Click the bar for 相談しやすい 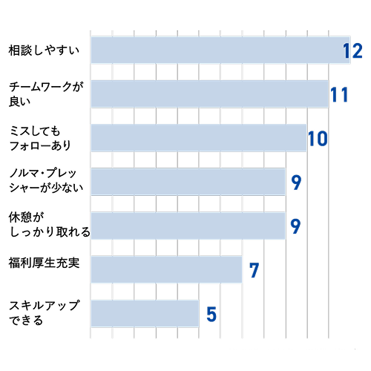point(220,50)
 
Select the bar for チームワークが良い point(210,94)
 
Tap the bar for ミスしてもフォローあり point(199,138)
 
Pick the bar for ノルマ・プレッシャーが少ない point(188,182)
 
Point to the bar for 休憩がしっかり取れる point(188,226)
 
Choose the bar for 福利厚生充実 point(166,269)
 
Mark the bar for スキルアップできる point(145,313)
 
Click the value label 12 point(352,51)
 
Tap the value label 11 point(340,95)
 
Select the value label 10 point(318,139)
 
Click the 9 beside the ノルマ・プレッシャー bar point(296,183)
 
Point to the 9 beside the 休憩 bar point(295,226)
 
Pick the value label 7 point(255,270)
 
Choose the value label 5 point(211,314)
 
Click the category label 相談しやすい point(44,50)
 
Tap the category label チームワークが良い point(46,94)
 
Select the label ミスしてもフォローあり point(40,138)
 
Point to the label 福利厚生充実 point(44,263)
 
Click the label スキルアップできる point(45,313)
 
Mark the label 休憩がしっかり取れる point(50,225)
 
